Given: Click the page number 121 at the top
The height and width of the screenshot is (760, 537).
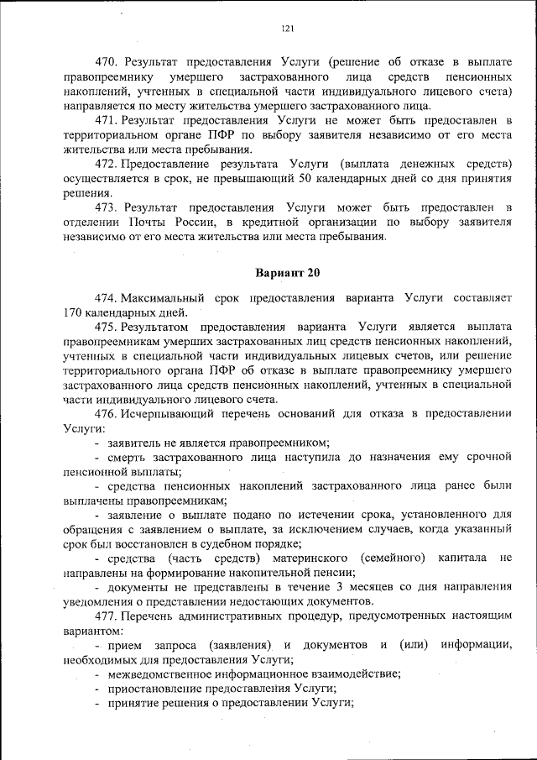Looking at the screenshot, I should point(286,29).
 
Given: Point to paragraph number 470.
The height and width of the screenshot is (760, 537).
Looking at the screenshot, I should point(109,62).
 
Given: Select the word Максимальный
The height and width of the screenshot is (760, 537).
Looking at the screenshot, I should point(165,298).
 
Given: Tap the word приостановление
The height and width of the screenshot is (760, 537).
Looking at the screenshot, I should point(157,688).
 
